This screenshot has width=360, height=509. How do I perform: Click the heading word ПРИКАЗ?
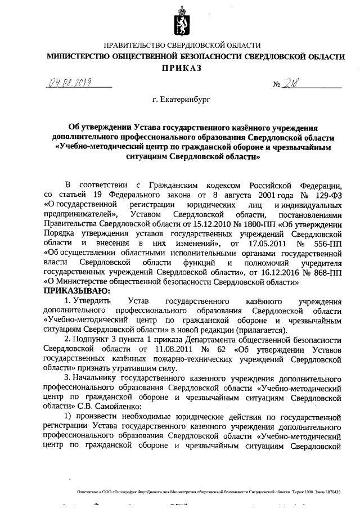pos(181,68)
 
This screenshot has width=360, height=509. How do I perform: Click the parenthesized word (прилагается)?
pos(262,330)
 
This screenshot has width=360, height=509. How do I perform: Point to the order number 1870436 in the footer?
pos(331,492)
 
